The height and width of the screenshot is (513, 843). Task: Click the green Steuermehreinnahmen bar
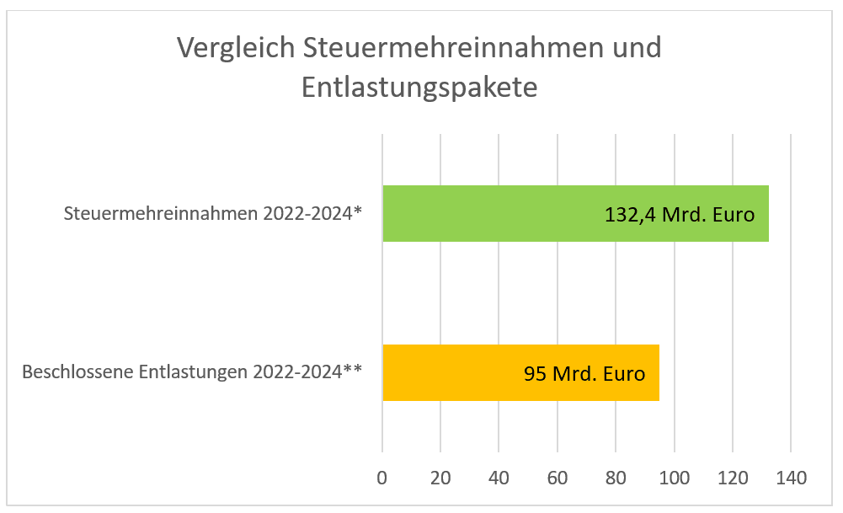(488, 214)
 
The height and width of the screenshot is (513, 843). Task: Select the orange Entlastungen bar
(446, 373)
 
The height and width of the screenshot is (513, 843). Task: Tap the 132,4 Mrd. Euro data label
(679, 214)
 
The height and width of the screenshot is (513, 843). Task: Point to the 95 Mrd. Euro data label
(584, 373)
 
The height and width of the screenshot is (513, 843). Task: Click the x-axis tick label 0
(382, 478)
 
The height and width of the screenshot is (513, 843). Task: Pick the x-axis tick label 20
(440, 478)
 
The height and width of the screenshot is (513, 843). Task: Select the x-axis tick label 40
(499, 478)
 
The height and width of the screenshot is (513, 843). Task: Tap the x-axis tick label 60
(558, 478)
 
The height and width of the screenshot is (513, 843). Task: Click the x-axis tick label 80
(616, 478)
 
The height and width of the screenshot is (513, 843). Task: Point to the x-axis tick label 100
(674, 478)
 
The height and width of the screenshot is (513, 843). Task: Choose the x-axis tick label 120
(733, 478)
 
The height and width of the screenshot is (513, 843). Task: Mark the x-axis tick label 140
(791, 478)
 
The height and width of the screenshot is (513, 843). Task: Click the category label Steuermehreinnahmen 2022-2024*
(213, 214)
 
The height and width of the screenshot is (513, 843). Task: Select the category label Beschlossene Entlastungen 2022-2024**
(192, 371)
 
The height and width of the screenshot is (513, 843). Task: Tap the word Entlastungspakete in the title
(419, 88)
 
